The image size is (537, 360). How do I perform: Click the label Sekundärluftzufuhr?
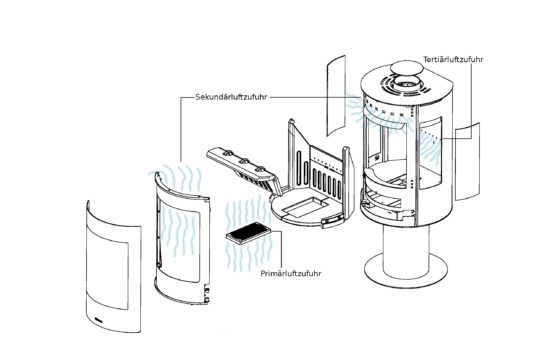click(x=231, y=97)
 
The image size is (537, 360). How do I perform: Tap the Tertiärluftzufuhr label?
click(x=453, y=60)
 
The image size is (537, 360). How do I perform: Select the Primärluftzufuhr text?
click(x=291, y=273)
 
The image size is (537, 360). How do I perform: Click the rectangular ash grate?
click(x=248, y=232)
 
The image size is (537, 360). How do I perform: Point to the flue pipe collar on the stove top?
click(x=407, y=81)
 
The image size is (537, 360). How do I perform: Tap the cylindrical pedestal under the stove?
click(x=406, y=250)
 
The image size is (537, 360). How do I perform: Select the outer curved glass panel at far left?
click(x=113, y=267)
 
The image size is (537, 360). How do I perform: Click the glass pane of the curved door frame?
click(x=180, y=241)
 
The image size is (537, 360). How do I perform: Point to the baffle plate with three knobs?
click(x=242, y=168)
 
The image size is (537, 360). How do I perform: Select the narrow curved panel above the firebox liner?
click(x=336, y=96)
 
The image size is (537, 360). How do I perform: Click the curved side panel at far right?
click(x=467, y=161)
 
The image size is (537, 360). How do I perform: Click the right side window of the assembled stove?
click(x=430, y=153)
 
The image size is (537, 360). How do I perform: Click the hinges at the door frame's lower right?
click(x=207, y=294)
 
